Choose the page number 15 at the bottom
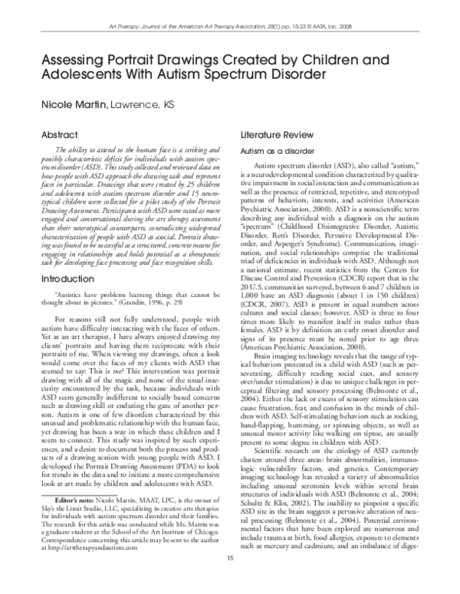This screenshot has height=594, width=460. point(229,580)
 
